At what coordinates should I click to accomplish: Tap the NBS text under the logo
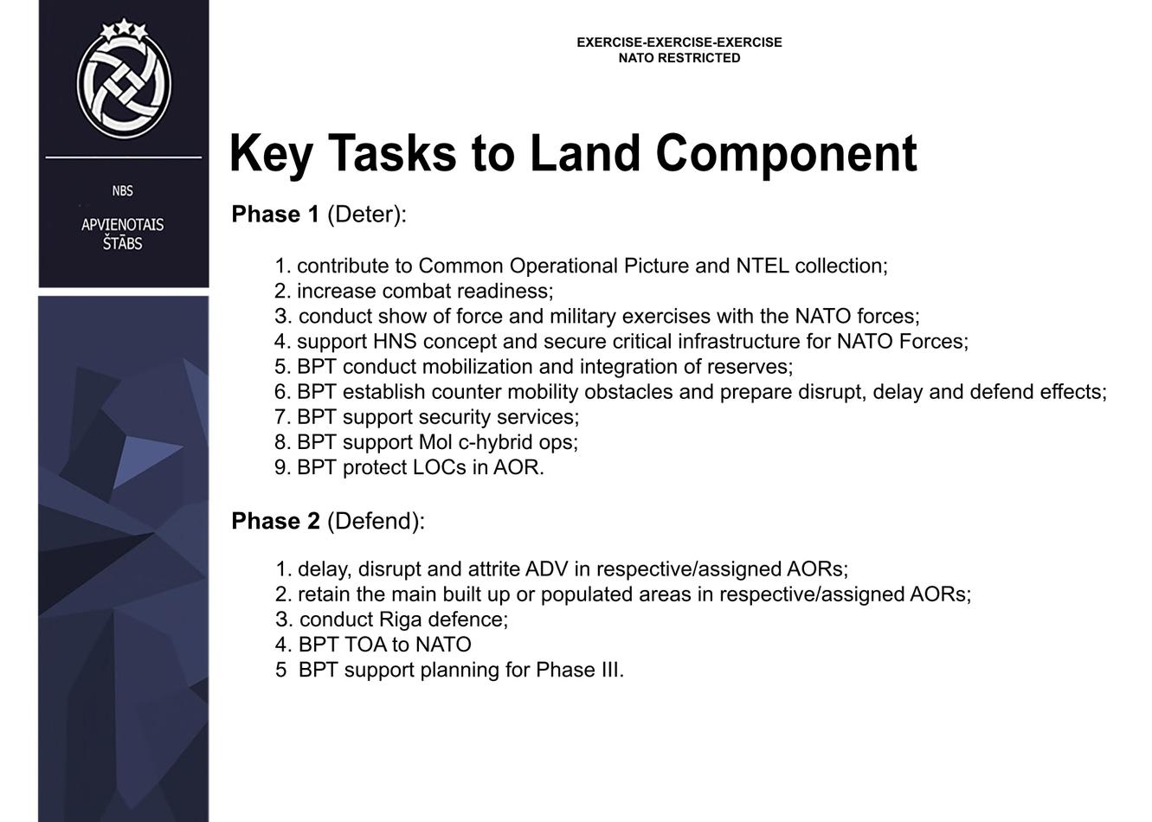point(122,191)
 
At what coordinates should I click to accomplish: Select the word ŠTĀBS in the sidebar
point(122,243)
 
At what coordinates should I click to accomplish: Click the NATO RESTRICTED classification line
point(679,58)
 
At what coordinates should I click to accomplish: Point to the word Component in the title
point(787,154)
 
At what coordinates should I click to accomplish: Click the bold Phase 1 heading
point(275,215)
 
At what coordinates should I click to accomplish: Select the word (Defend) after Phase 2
point(376,521)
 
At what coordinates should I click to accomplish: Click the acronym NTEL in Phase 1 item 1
point(763,266)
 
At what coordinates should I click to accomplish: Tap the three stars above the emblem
point(124,29)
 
